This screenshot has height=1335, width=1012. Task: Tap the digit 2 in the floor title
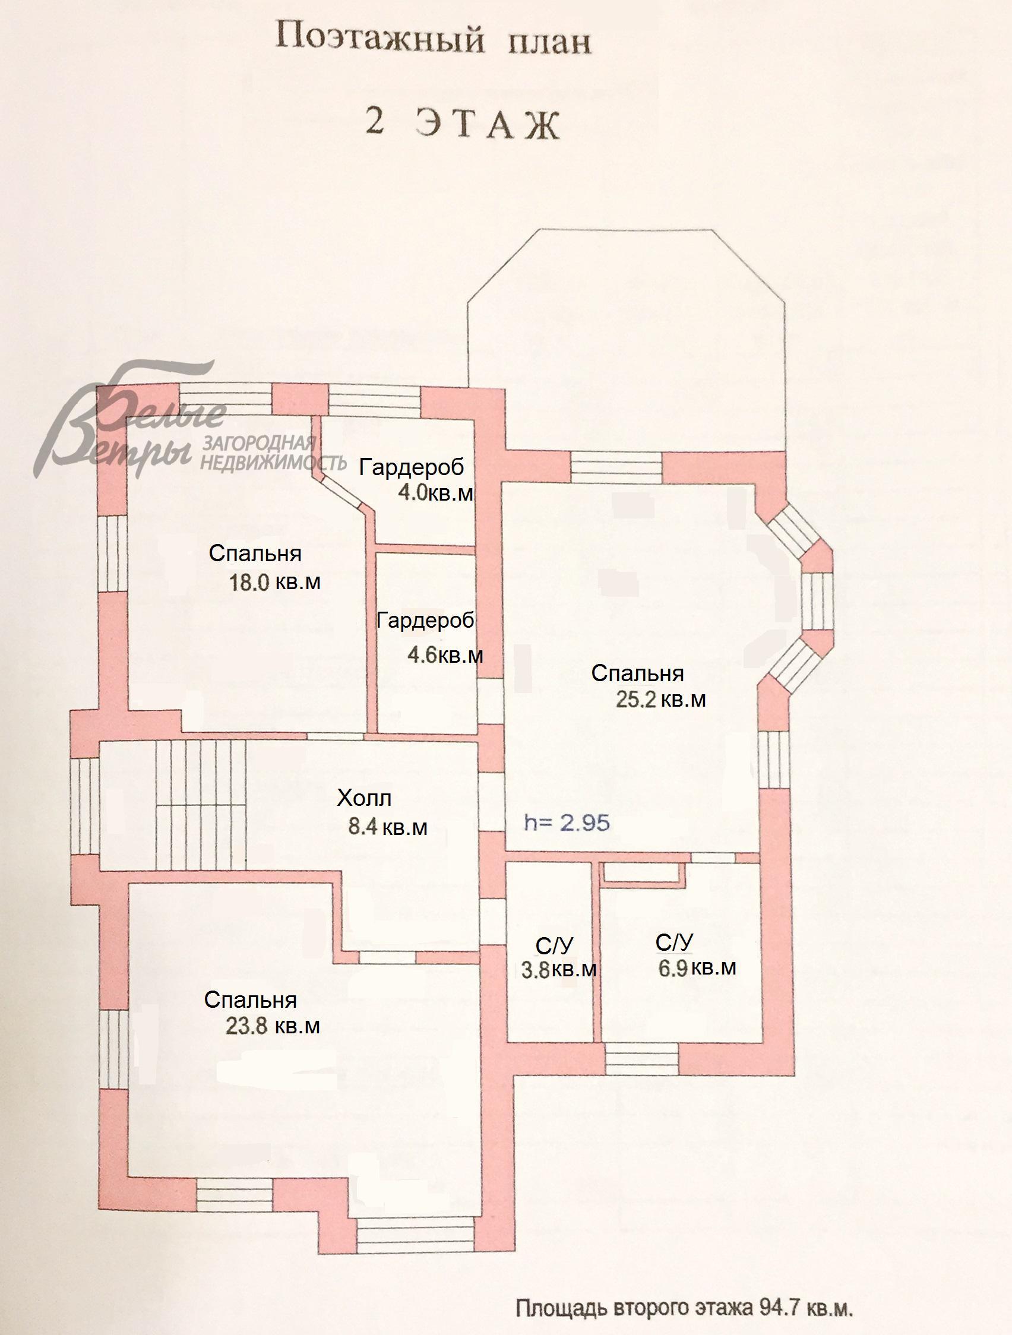pyautogui.click(x=375, y=123)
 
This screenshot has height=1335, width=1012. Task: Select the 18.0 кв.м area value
pyautogui.click(x=274, y=583)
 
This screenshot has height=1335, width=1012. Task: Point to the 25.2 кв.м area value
pyautogui.click(x=661, y=700)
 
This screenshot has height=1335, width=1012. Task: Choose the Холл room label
pyautogui.click(x=364, y=799)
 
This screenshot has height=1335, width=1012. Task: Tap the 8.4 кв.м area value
pyautogui.click(x=388, y=826)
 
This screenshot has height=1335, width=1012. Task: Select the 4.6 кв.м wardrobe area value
pyautogui.click(x=445, y=655)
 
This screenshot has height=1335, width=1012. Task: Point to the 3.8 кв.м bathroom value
pyautogui.click(x=558, y=970)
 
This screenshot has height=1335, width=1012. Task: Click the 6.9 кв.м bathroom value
pyautogui.click(x=697, y=967)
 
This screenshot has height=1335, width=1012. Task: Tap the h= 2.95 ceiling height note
pyautogui.click(x=567, y=822)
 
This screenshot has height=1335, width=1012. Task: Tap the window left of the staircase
pyautogui.click(x=84, y=805)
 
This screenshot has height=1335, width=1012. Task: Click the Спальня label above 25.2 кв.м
pyautogui.click(x=637, y=673)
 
